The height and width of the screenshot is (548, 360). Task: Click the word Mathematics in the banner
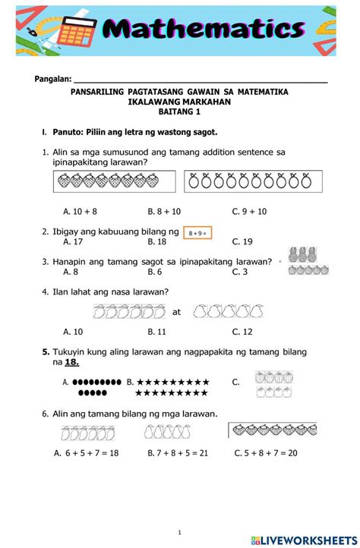pos(205,30)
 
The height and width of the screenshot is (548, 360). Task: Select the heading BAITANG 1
pos(179,112)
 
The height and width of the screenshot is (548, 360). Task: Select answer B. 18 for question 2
pos(156,241)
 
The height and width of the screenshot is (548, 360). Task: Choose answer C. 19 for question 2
pos(242,241)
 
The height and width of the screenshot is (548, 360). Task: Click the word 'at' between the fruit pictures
pos(177,312)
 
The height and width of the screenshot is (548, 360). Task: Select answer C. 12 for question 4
pos(242,331)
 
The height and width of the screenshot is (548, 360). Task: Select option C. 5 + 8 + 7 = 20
pos(266,452)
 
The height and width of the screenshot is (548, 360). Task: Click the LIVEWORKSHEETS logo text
pos(310,540)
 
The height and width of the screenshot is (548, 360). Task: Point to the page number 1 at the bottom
pos(179,531)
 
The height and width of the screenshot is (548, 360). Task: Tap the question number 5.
pos(46,352)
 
